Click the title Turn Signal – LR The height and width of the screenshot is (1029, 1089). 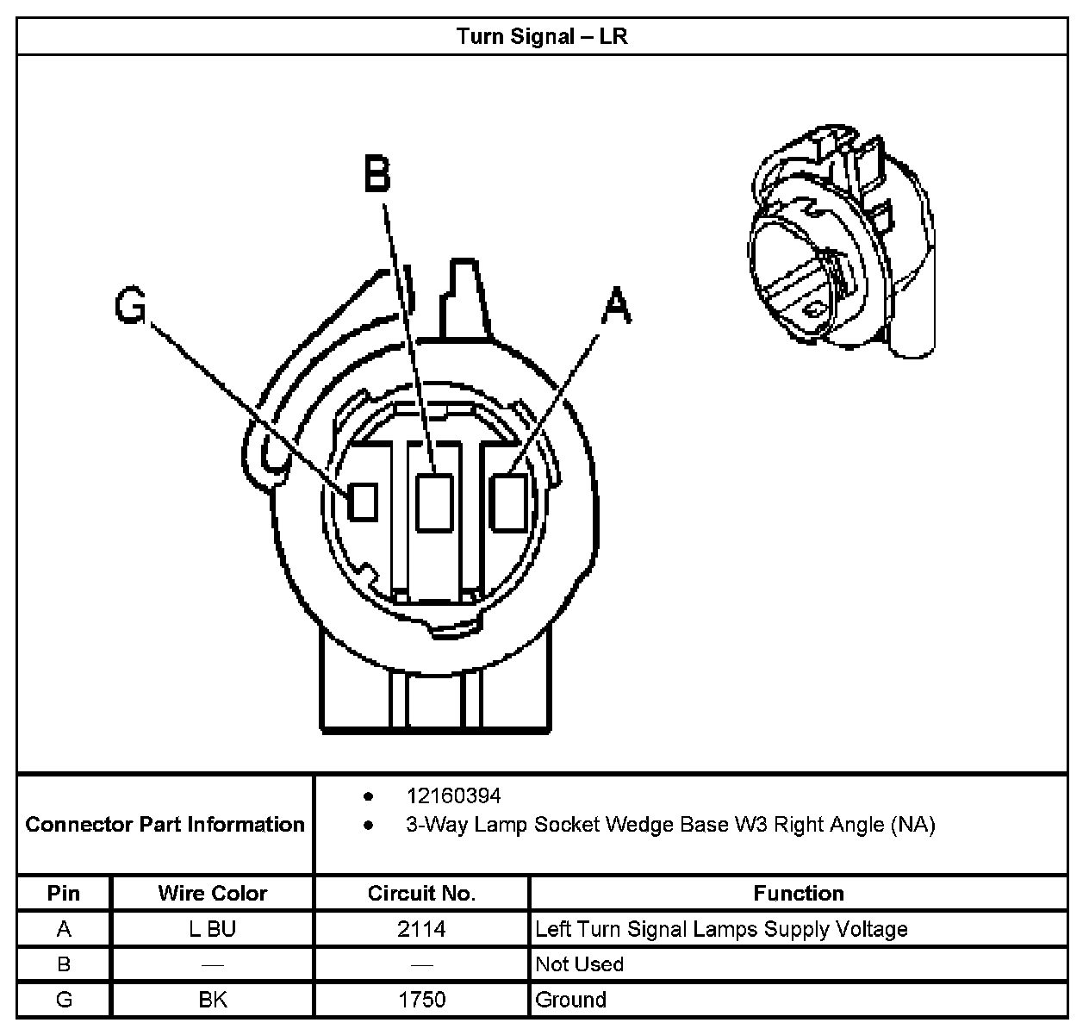click(541, 36)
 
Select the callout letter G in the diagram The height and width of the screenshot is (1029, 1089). click(130, 307)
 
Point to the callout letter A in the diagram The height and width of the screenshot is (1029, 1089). click(616, 307)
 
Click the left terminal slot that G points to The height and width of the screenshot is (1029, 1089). click(363, 501)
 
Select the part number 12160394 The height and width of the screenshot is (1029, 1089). click(453, 795)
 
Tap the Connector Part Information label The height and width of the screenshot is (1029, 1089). click(165, 825)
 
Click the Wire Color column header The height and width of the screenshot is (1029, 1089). click(212, 894)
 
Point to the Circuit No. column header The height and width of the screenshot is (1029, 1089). click(421, 894)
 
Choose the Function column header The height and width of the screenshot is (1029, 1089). click(798, 894)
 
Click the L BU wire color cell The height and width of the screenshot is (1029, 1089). click(212, 929)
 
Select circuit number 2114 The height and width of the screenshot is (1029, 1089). click(421, 929)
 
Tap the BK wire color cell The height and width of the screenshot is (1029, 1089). click(212, 1000)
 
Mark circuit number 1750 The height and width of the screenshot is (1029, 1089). click(421, 1000)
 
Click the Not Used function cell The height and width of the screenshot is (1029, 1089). click(579, 964)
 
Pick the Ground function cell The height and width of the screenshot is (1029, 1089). click(570, 1000)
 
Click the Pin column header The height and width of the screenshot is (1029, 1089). click(64, 894)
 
